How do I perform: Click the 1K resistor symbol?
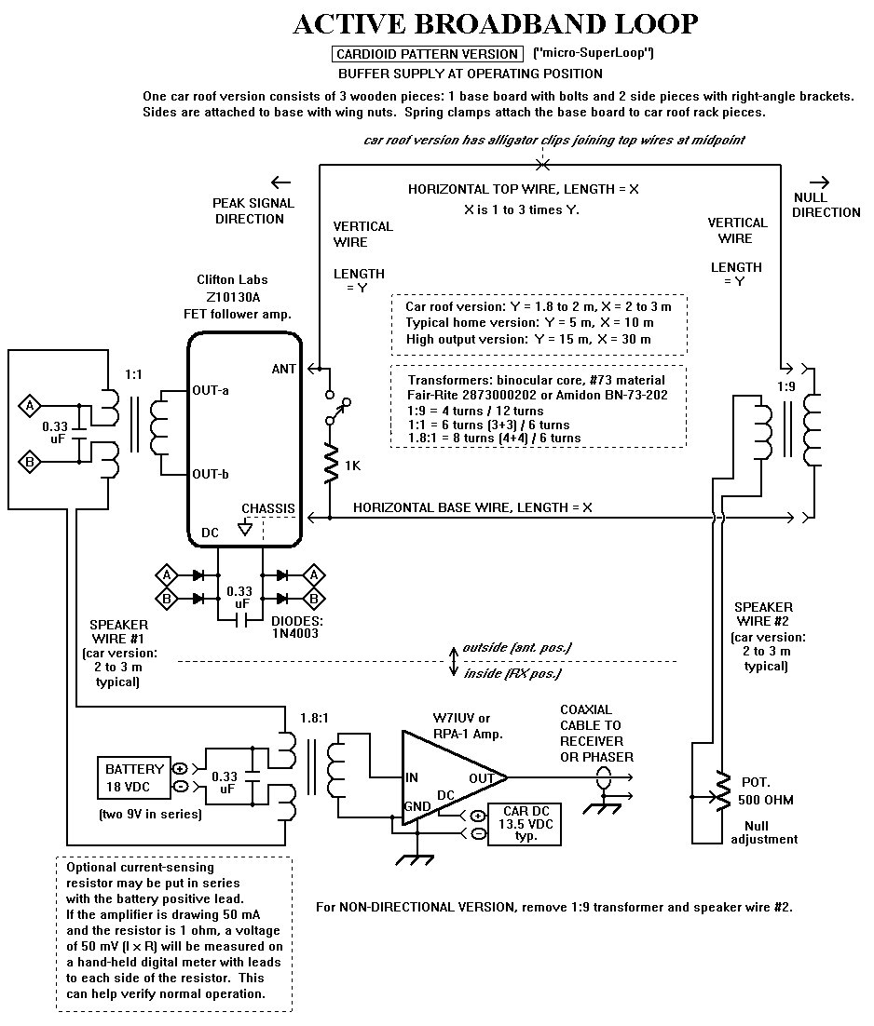[331, 464]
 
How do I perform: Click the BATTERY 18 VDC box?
[134, 778]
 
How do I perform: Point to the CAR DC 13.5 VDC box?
[526, 825]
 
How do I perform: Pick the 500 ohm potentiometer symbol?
[722, 791]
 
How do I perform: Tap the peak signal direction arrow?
[280, 182]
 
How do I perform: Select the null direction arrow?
[819, 182]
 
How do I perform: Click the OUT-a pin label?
[211, 391]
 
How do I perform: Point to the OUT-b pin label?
[211, 475]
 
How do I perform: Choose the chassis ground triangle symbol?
[245, 527]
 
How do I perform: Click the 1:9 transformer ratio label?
[786, 386]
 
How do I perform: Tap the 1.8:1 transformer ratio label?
[314, 718]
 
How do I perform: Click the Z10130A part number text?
[233, 297]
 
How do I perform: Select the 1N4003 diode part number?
[294, 633]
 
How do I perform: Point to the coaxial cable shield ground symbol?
[602, 807]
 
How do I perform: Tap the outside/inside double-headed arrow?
[453, 662]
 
